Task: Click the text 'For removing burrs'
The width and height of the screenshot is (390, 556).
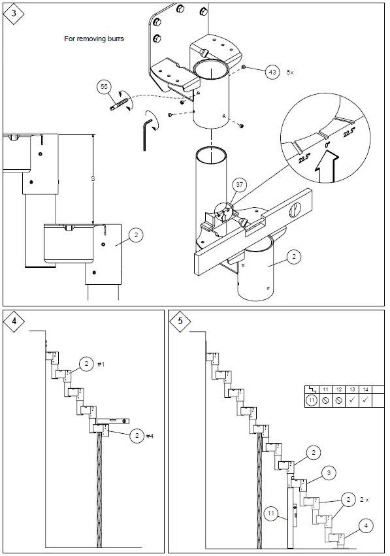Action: (93, 39)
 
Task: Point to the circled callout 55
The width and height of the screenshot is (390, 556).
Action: (104, 86)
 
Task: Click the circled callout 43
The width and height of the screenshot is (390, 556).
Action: (272, 73)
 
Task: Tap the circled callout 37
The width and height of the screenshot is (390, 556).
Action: (240, 185)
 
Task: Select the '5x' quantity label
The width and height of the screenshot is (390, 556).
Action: (291, 73)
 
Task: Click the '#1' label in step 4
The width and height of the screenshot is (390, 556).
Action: (101, 364)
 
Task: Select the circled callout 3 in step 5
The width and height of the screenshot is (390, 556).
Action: (331, 472)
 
